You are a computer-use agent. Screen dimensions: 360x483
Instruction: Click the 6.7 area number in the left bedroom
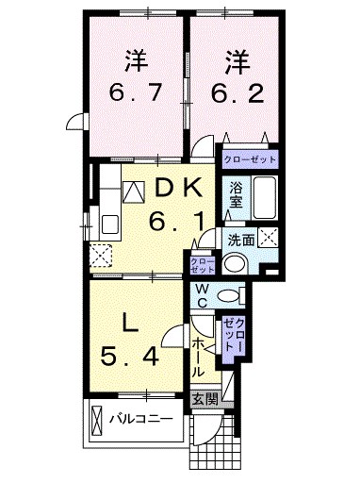(x=136, y=92)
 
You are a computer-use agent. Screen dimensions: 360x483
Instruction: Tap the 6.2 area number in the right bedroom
(x=237, y=92)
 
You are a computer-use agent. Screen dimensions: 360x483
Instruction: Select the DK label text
(x=177, y=189)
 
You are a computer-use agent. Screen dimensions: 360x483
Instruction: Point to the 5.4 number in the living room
(x=129, y=358)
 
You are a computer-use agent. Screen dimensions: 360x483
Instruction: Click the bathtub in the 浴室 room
(x=265, y=197)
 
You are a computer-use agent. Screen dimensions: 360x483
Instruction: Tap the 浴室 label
(x=237, y=196)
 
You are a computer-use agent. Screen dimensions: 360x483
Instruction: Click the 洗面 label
(x=241, y=241)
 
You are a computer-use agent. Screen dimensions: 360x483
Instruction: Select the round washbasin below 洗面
(x=236, y=263)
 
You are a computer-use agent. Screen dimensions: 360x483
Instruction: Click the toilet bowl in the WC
(x=229, y=296)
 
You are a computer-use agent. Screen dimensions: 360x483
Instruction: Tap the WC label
(x=202, y=296)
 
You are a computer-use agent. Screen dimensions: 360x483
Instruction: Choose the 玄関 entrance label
(x=205, y=400)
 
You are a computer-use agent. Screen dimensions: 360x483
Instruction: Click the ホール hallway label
(x=199, y=358)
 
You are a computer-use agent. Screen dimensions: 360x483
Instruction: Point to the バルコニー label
(x=141, y=419)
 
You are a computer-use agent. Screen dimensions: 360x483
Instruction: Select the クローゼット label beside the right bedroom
(x=250, y=159)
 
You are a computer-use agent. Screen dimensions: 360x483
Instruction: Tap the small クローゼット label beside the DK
(x=203, y=265)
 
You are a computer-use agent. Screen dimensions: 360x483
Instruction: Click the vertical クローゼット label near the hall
(x=235, y=335)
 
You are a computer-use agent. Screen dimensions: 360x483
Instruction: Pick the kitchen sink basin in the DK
(x=110, y=225)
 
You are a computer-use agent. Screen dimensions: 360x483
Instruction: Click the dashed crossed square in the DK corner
(x=101, y=255)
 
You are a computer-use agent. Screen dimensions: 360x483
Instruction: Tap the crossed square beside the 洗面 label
(x=268, y=238)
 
